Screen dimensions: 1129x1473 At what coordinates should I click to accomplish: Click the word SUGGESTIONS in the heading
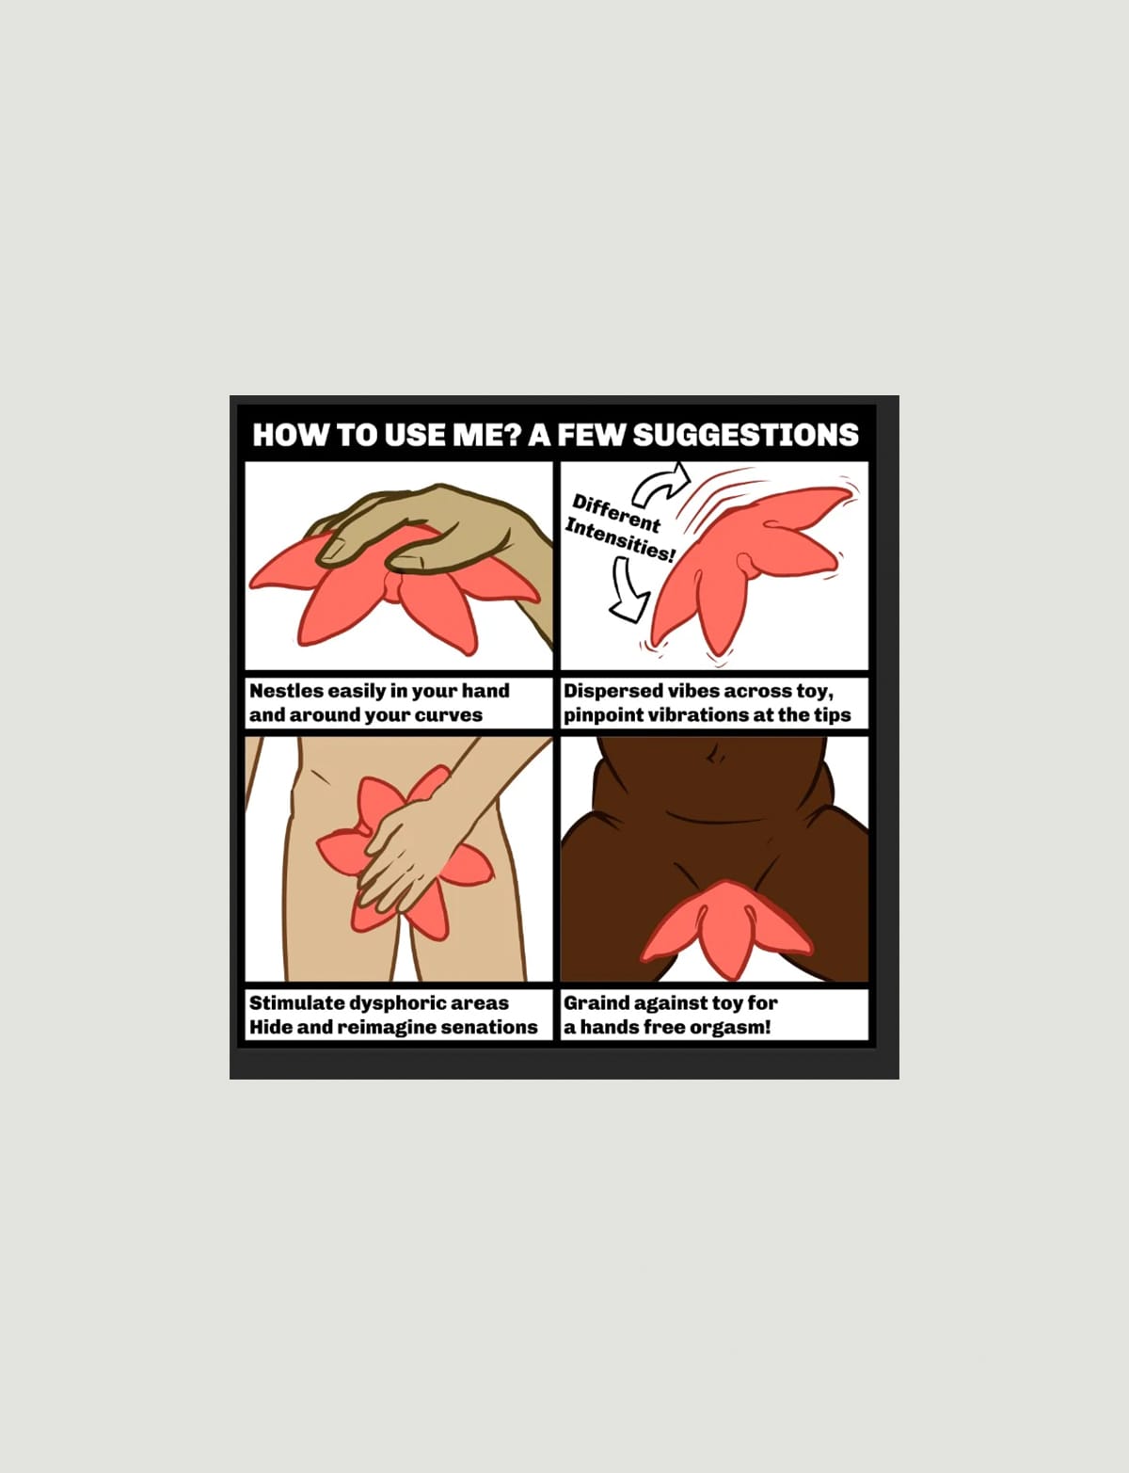[x=746, y=435]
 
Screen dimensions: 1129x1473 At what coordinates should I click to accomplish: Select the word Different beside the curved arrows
[x=615, y=513]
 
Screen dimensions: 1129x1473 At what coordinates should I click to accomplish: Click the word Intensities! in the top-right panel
[x=620, y=540]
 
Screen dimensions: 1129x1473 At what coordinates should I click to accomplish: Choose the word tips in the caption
[x=833, y=715]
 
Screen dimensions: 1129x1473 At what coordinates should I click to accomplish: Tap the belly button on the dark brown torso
[x=714, y=756]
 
